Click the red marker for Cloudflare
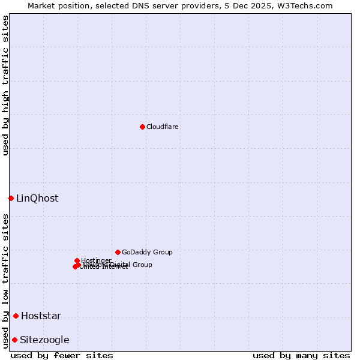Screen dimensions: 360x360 pos(142,127)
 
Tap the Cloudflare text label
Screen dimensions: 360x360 pos(163,127)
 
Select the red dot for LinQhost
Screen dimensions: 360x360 pos(11,198)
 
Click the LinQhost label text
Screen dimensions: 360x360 pos(37,199)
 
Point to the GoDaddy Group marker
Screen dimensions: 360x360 pos(118,252)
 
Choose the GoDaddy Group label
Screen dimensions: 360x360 pos(147,252)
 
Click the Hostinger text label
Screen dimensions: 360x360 pos(96,260)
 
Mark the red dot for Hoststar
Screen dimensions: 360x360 pos(16,316)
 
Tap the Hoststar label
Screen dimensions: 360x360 pos(41,316)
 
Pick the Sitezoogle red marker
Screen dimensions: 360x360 pos(14,340)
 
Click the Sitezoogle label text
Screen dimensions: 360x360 pos(44,340)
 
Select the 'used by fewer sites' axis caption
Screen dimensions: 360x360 pos(62,355)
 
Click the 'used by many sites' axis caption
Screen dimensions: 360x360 pos(301,355)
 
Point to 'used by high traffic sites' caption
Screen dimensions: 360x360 pos(5,85)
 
